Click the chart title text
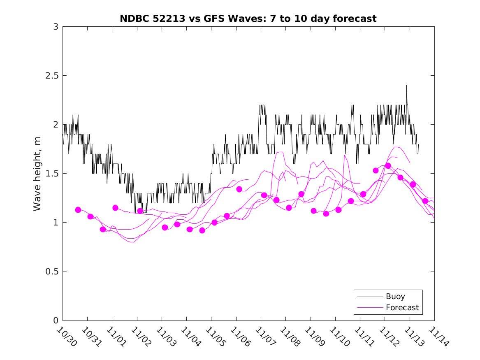(248, 19)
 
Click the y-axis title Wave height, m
(37, 173)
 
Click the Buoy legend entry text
(395, 297)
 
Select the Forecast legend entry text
(402, 307)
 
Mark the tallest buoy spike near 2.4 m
(406, 86)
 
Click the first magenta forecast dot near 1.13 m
(78, 210)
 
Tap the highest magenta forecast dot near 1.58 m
(388, 166)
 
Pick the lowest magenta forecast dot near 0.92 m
(202, 230)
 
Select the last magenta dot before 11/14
(425, 201)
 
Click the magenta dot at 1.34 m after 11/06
(239, 189)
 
